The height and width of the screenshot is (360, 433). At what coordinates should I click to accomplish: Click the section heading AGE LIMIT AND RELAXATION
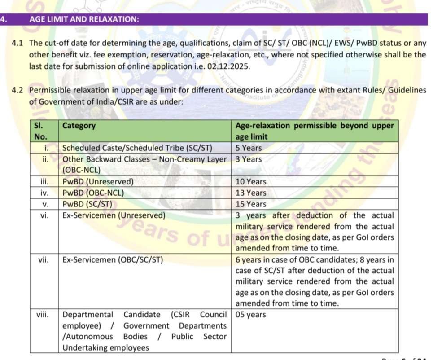(x=83, y=19)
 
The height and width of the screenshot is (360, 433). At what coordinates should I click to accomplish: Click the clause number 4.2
(x=17, y=90)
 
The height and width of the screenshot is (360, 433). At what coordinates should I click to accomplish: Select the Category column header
(x=79, y=126)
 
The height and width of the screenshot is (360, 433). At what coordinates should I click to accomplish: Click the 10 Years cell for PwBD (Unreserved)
(x=251, y=182)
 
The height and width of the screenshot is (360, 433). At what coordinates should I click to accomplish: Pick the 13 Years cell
(x=251, y=193)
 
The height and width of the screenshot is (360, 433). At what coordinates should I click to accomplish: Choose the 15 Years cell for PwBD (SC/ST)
(x=251, y=204)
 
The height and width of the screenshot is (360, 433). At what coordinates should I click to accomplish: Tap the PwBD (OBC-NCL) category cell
(x=93, y=193)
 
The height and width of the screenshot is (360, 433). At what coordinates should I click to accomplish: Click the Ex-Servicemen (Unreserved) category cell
(x=114, y=215)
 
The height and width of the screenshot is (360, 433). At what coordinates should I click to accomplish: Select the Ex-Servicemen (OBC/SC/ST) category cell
(x=113, y=259)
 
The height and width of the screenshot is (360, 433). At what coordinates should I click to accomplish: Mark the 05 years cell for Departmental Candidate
(x=250, y=315)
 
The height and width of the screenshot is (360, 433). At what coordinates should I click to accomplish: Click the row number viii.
(x=44, y=315)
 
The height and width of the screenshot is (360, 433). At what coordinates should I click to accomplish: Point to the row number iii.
(x=44, y=182)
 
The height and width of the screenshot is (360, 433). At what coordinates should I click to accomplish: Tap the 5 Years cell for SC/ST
(x=249, y=148)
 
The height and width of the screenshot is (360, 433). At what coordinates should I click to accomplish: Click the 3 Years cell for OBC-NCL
(x=249, y=159)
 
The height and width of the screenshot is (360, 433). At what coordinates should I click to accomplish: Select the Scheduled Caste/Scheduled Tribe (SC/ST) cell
(x=137, y=148)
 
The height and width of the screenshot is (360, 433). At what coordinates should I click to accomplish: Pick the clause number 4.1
(x=17, y=43)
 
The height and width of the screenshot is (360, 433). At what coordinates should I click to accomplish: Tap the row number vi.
(x=44, y=215)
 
